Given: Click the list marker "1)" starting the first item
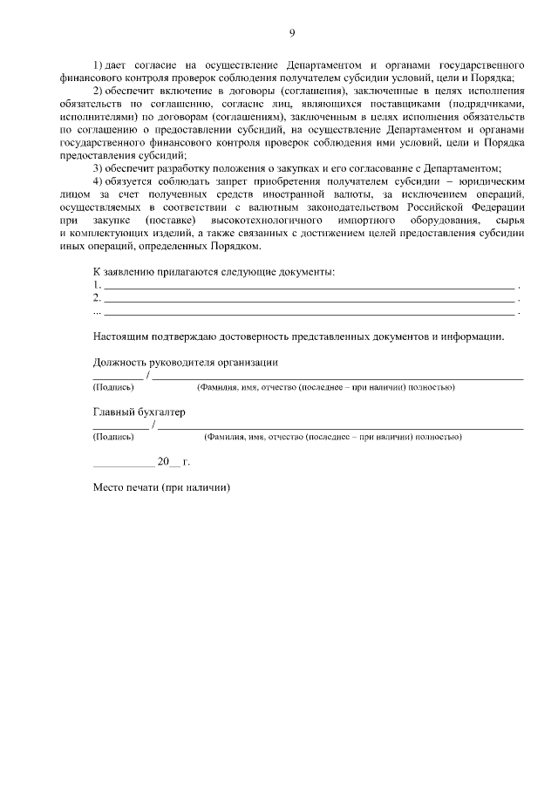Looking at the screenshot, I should pyautogui.click(x=98, y=66).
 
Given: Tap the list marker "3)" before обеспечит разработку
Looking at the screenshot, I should pyautogui.click(x=98, y=167).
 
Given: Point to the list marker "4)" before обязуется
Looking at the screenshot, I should pyautogui.click(x=98, y=180).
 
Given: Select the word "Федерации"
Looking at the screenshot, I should pyautogui.click(x=495, y=207).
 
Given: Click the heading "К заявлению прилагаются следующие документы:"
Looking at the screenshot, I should pyautogui.click(x=214, y=272).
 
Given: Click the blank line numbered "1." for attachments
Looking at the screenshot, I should pyautogui.click(x=309, y=286).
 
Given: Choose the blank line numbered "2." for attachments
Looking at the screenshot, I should pyautogui.click(x=309, y=299).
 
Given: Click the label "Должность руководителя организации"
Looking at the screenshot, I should pyautogui.click(x=185, y=362).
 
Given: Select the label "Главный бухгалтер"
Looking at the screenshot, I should pyautogui.click(x=139, y=412).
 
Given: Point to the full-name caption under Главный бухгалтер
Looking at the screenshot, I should pyautogui.click(x=332, y=436).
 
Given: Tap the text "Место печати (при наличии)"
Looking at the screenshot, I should pyautogui.click(x=161, y=487).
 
